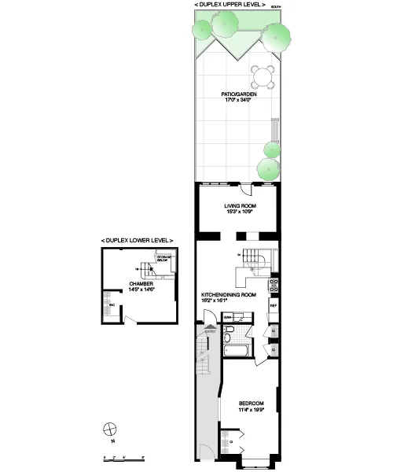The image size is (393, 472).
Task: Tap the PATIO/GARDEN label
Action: pos(236,96)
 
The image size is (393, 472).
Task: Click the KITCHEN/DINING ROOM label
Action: pos(229,294)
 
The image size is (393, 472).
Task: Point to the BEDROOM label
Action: pos(252,403)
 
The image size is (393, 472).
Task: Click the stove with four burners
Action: pos(274,282)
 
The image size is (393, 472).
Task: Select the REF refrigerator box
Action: pos(274,304)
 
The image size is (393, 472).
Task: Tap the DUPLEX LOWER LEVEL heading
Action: pos(138,239)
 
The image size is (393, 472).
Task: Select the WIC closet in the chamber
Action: pos(109,301)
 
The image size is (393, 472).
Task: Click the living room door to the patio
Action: pos(245,190)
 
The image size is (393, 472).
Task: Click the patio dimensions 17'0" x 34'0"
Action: pos(236,102)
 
